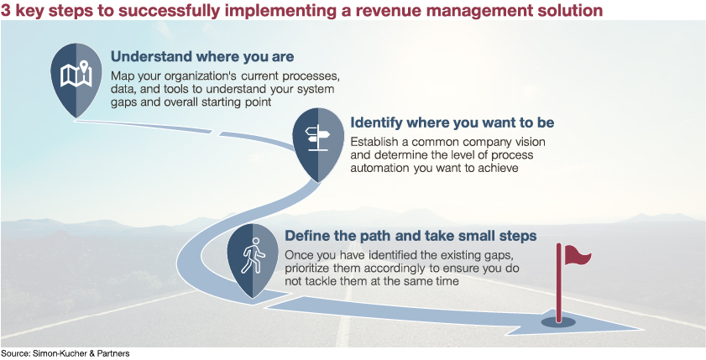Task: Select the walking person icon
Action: click(x=252, y=255)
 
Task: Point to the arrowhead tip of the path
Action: click(x=641, y=329)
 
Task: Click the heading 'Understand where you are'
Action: click(x=202, y=57)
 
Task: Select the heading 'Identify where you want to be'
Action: click(x=452, y=123)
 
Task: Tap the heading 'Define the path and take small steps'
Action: click(x=411, y=236)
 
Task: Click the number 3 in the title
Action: click(x=6, y=10)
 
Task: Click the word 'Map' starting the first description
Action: click(x=120, y=76)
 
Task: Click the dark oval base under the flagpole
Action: click(x=558, y=321)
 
